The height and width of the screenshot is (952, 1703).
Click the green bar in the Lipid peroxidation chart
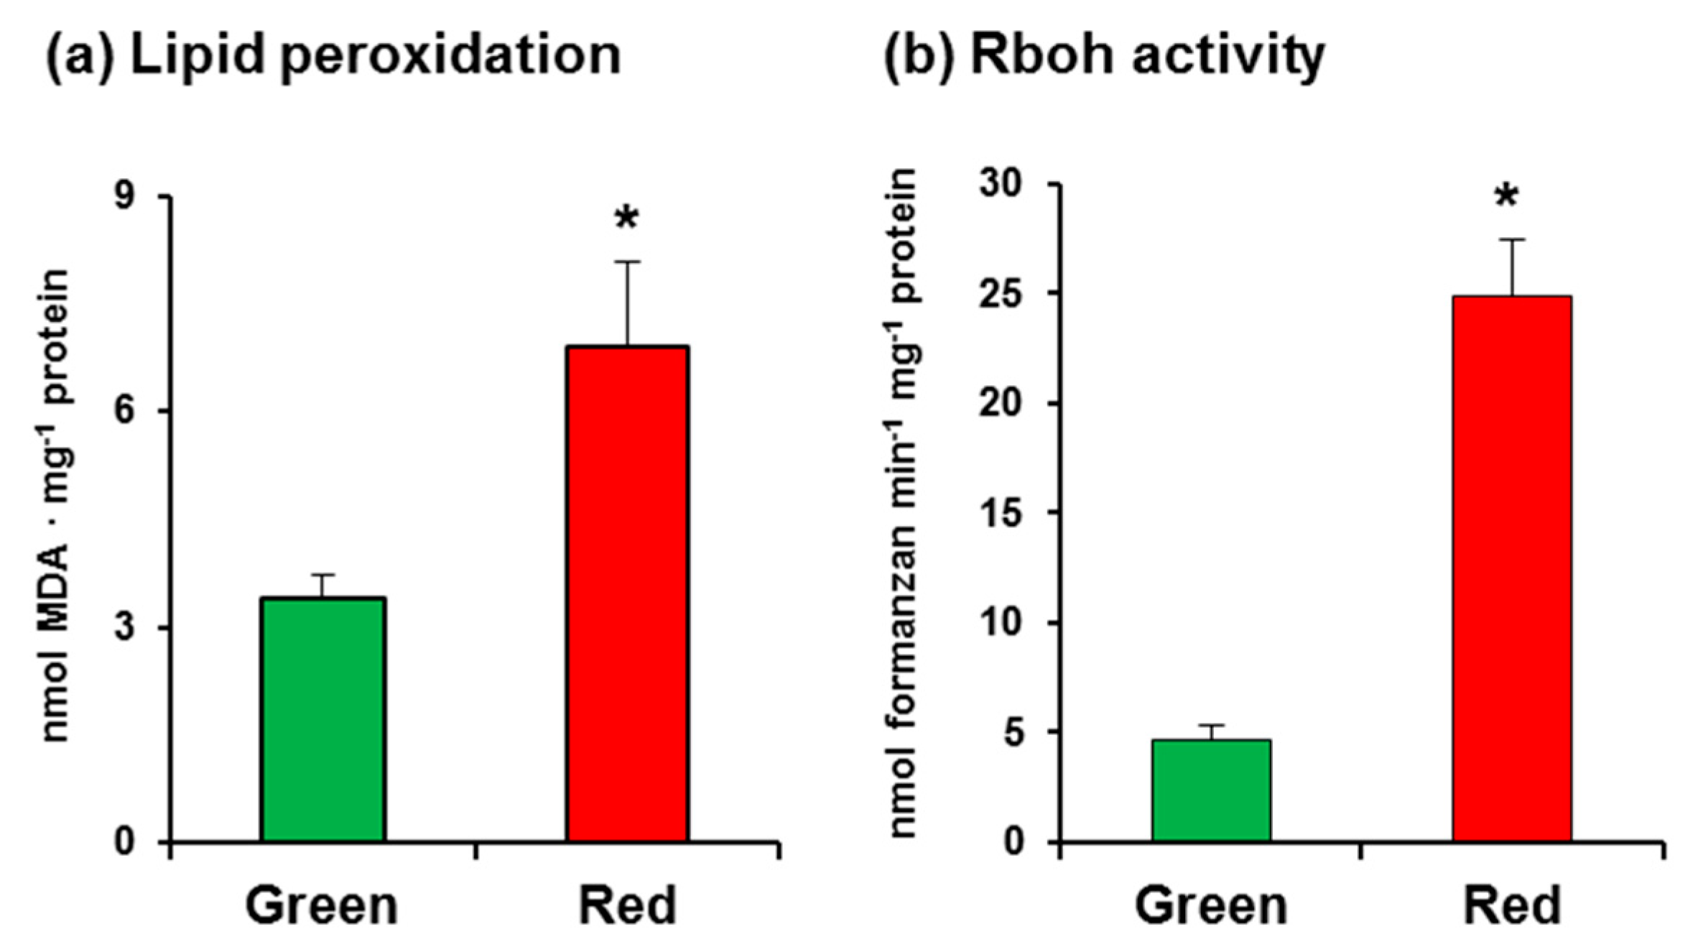pyautogui.click(x=323, y=718)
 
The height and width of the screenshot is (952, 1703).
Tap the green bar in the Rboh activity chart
pyautogui.click(x=1211, y=790)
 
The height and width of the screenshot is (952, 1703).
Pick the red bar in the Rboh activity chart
pyautogui.click(x=1512, y=568)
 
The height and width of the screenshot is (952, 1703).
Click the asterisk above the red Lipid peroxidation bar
pyautogui.click(x=626, y=218)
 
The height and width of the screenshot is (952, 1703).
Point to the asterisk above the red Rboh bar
pyautogui.click(x=1506, y=196)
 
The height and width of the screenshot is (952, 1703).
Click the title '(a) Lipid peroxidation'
pyautogui.click(x=333, y=56)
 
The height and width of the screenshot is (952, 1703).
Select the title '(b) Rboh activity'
pyautogui.click(x=1104, y=56)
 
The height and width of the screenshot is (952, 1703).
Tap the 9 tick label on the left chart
pyautogui.click(x=126, y=195)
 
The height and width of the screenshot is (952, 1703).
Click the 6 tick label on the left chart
pyautogui.click(x=126, y=412)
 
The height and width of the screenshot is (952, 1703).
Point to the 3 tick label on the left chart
pyautogui.click(x=126, y=627)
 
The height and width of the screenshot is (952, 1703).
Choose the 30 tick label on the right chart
pyautogui.click(x=1001, y=184)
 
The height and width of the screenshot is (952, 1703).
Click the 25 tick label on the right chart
pyautogui.click(x=1001, y=293)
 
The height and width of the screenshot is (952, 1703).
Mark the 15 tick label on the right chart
pyautogui.click(x=1001, y=513)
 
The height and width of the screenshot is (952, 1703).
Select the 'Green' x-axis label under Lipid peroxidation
pyautogui.click(x=322, y=907)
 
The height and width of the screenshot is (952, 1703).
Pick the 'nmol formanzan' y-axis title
pyautogui.click(x=903, y=503)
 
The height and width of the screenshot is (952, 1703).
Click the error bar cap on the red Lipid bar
pyautogui.click(x=627, y=262)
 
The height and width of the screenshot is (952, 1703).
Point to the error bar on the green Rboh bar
pyautogui.click(x=1211, y=731)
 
